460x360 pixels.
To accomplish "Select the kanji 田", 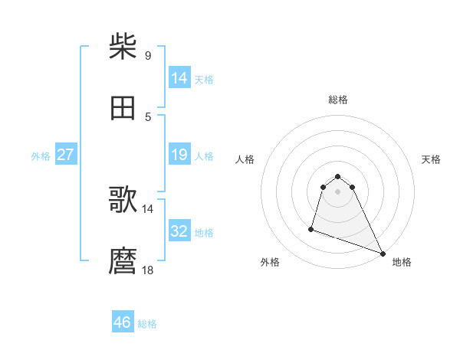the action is coord(123,108).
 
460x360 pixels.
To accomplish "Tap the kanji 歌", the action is coord(123,200).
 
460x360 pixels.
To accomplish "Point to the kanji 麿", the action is coord(123,261).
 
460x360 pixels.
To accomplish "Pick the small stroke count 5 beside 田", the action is coord(147,116).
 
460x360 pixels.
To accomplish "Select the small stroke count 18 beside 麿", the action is coord(148,270).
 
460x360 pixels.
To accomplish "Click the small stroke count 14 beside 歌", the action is coord(148,208).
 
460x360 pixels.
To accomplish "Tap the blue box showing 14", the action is coord(179,78).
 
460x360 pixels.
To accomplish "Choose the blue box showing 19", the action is coord(179,155).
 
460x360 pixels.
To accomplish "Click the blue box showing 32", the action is coord(179,231).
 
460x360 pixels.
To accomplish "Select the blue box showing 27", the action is coord(65,155).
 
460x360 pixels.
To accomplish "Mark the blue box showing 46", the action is coord(123,322).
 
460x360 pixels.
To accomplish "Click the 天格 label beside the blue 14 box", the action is coord(204,79).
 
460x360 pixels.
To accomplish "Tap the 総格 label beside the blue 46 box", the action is coord(147,324).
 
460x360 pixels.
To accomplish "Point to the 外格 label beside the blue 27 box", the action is coord(41,155).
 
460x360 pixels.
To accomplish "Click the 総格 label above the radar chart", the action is coord(338,100).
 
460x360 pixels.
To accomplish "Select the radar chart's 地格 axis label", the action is coord(402,262).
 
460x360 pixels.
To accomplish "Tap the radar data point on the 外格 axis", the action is coord(311,228).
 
